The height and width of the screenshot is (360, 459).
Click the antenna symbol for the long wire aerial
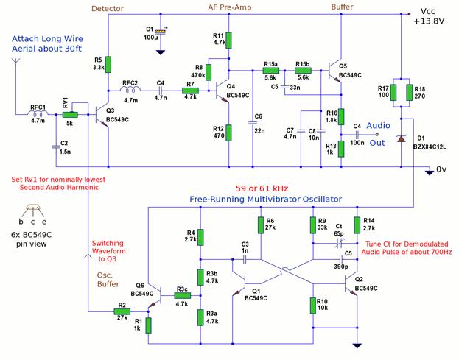tap(15, 60)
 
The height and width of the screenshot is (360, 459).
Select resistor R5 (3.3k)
tap(108, 64)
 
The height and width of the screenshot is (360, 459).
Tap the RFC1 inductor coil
tap(39, 113)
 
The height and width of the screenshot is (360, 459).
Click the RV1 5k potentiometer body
tap(70, 114)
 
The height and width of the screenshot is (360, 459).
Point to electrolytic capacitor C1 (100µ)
tap(161, 32)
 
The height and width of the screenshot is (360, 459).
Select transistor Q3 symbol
tap(102, 115)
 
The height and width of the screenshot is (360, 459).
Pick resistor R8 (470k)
tap(209, 72)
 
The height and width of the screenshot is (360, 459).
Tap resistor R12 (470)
tap(228, 133)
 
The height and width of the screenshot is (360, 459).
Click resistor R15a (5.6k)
tap(271, 71)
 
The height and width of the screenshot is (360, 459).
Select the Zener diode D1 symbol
tap(401, 138)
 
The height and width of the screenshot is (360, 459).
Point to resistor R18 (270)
tap(409, 93)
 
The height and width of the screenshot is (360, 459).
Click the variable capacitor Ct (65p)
tap(339, 243)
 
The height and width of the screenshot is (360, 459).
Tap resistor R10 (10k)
tap(313, 306)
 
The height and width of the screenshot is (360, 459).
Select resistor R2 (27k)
tap(122, 311)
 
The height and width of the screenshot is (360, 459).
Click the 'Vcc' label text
tap(427, 11)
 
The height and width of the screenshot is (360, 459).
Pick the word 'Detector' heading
tap(108, 9)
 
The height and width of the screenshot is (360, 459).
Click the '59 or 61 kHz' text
tap(262, 188)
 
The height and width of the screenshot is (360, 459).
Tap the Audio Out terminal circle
tap(377, 135)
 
